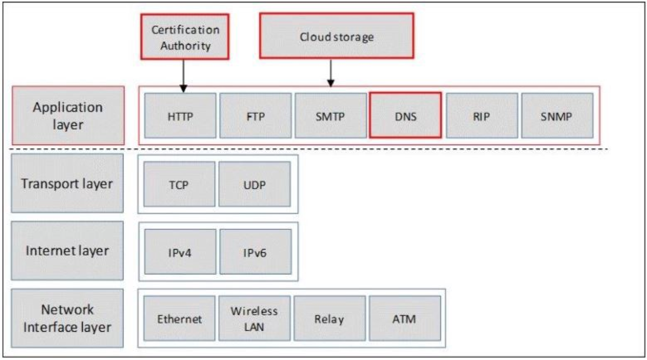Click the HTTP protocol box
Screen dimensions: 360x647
click(x=180, y=116)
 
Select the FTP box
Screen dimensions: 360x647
click(x=255, y=116)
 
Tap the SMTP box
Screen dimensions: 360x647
click(x=330, y=116)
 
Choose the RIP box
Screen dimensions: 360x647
click(x=481, y=116)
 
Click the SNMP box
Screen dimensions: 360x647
click(x=557, y=116)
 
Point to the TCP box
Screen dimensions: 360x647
click(x=179, y=184)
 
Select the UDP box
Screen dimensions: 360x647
click(x=254, y=184)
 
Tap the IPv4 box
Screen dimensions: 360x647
click(x=180, y=252)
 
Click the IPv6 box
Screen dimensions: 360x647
click(x=255, y=252)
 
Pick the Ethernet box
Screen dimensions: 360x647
click(x=179, y=318)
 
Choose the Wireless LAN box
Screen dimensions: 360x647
click(x=254, y=318)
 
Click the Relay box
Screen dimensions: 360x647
click(x=329, y=318)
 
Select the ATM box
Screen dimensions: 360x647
click(x=405, y=318)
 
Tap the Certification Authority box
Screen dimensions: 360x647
click(x=185, y=37)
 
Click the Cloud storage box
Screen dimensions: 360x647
click(x=337, y=36)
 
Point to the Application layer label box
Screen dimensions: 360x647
click(x=68, y=116)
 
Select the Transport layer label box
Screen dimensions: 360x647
click(x=67, y=183)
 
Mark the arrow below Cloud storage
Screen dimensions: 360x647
click(x=331, y=73)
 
